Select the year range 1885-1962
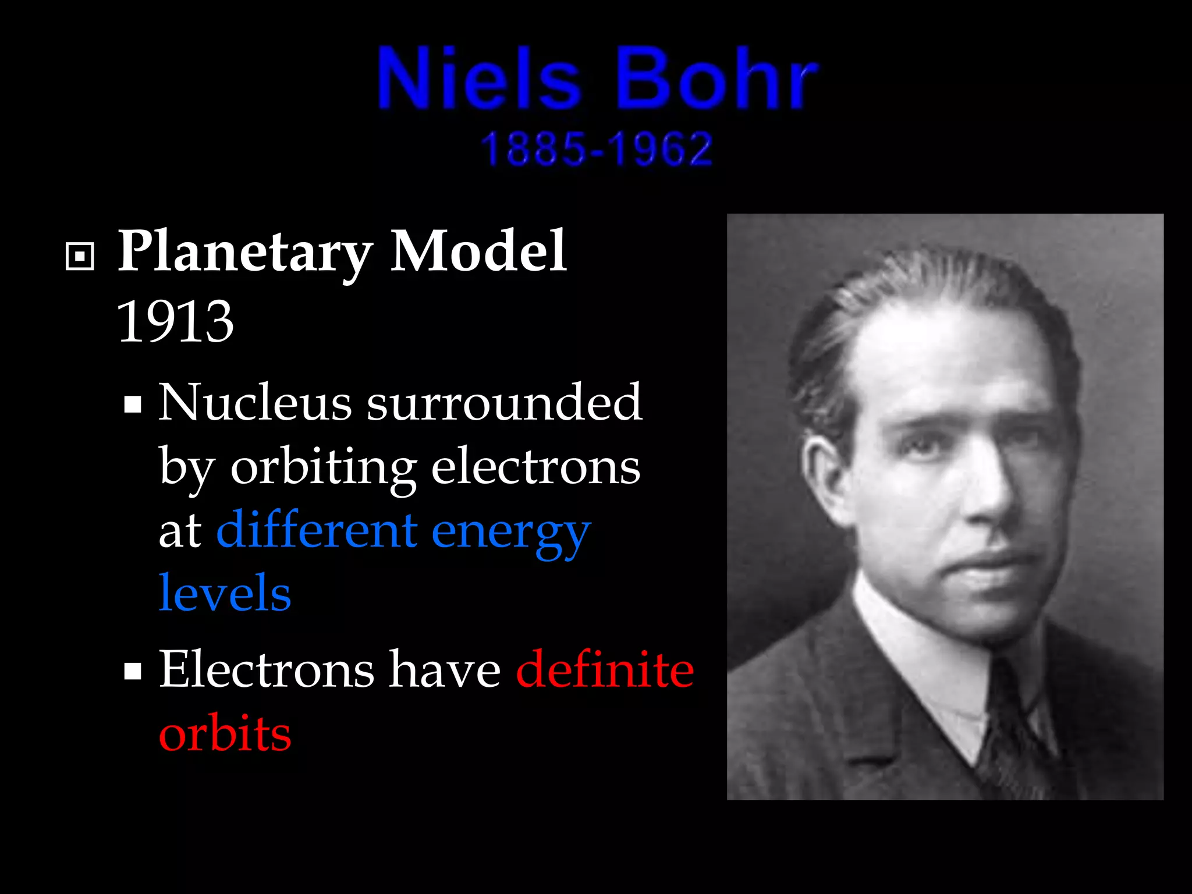click(597, 149)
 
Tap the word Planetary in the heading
click(245, 251)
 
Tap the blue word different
click(317, 530)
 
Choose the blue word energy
click(511, 532)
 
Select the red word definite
click(605, 669)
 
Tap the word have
click(445, 669)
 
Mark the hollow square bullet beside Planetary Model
click(80, 256)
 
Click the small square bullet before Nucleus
click(133, 404)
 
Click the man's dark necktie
click(1013, 733)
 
